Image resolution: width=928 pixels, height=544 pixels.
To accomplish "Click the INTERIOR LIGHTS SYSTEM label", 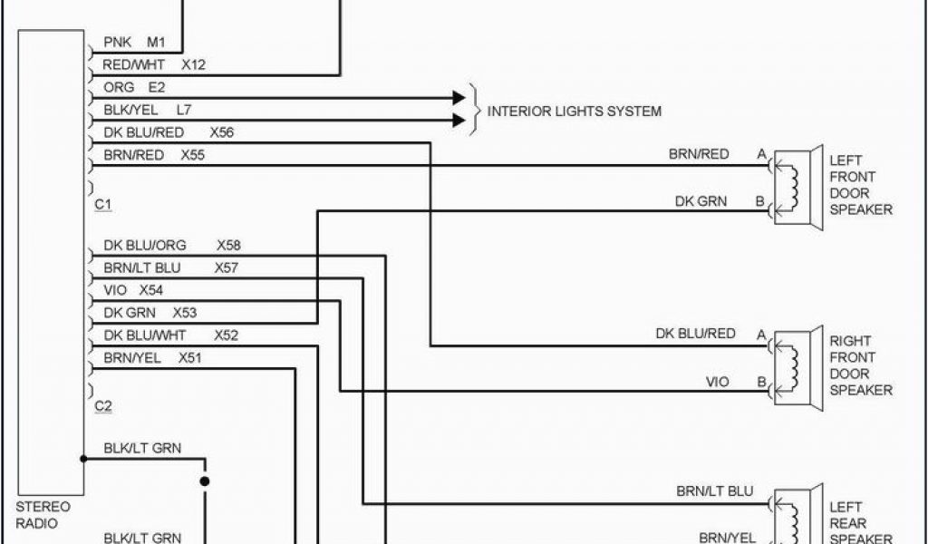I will tap(575, 112).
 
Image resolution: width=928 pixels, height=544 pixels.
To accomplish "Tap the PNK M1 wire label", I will tap(134, 42).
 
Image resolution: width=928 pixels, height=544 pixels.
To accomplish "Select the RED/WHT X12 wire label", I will tap(155, 65).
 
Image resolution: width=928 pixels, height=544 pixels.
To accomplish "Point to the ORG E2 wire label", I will tap(134, 88).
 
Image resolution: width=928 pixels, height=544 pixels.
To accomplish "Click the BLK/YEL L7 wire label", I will tap(147, 111).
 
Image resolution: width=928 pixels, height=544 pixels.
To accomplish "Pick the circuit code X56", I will tap(222, 132).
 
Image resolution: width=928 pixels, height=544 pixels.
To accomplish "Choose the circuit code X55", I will tap(192, 155).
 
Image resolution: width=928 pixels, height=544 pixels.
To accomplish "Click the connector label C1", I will tap(102, 205).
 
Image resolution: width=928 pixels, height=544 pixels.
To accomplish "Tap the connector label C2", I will tap(102, 407).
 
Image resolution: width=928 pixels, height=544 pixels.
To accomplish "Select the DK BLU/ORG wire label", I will tap(145, 245).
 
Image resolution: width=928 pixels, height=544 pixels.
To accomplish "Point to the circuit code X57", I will tap(227, 267).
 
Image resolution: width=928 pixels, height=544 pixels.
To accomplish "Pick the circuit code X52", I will tap(227, 335).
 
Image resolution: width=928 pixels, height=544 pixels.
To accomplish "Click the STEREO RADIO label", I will tap(43, 514).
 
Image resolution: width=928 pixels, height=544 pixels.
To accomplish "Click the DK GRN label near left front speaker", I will tap(701, 201).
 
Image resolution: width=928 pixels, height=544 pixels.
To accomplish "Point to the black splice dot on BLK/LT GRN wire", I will tap(205, 481).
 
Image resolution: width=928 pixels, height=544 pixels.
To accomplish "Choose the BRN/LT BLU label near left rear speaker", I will tap(715, 491).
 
